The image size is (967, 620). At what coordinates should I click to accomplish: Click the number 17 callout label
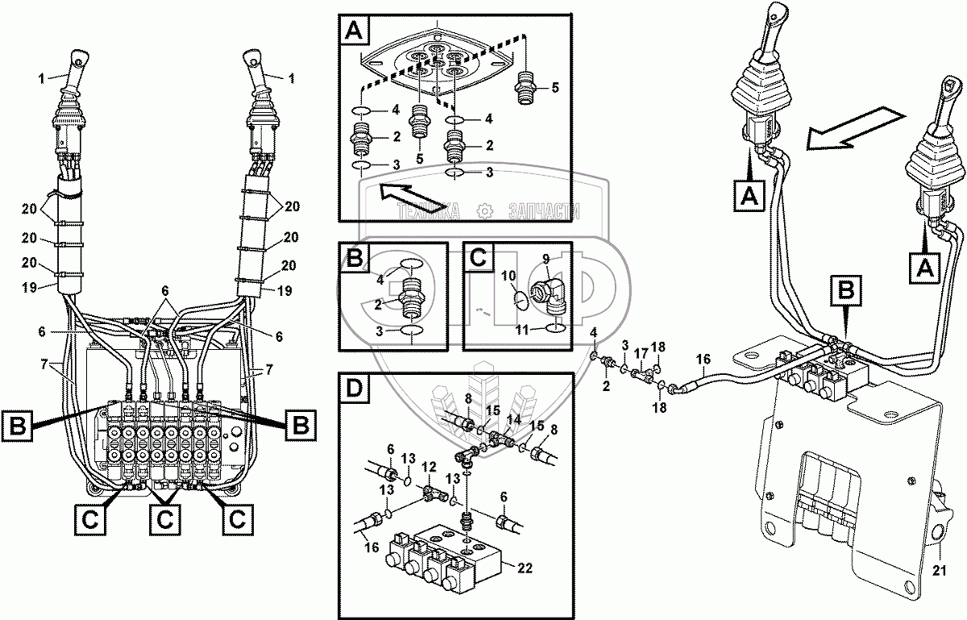pos(642,352)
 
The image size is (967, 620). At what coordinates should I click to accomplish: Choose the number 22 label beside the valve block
pos(525,568)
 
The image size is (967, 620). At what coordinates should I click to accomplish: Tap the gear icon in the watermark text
pos(485,211)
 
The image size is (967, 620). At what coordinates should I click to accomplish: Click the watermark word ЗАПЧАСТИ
pos(544,211)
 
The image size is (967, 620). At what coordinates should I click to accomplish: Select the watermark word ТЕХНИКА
pos(427,211)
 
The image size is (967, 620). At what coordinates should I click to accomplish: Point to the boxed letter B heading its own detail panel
pos(355,258)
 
